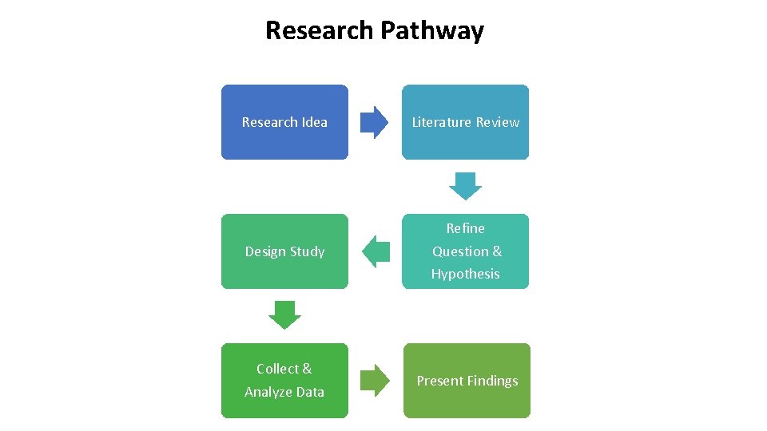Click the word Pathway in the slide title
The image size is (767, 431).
tap(431, 30)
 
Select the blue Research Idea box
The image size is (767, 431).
tap(284, 122)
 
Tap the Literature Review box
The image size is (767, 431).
tap(465, 122)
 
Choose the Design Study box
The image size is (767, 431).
tap(284, 251)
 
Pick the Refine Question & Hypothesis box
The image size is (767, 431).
tap(465, 251)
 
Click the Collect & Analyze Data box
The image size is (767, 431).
tap(284, 381)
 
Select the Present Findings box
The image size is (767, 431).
tap(467, 381)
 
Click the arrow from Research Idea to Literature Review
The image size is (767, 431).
tap(374, 123)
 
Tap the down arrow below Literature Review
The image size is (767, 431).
tap(465, 185)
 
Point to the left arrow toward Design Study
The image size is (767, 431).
tap(376, 252)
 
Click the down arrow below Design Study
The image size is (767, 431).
tap(284, 314)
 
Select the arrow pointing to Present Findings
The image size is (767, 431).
tap(374, 381)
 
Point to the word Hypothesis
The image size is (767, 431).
tap(465, 274)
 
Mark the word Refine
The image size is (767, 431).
tap(465, 228)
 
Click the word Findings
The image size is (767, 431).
tap(492, 381)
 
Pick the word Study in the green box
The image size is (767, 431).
tap(308, 251)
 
